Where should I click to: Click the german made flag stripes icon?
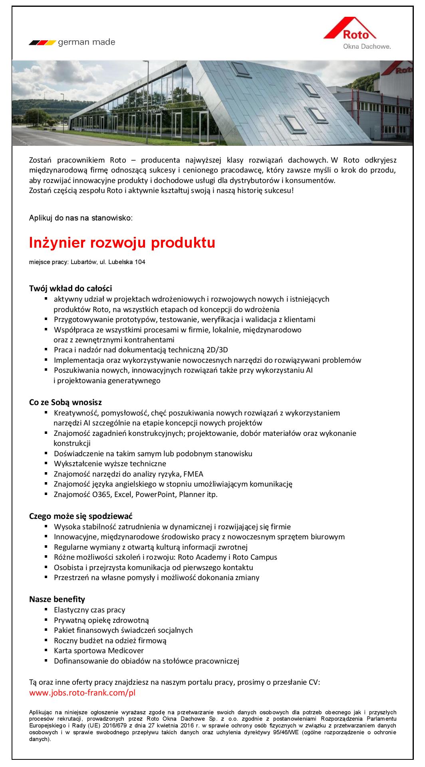point(42,42)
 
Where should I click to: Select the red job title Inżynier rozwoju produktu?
point(122,243)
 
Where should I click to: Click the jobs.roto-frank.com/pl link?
point(82,693)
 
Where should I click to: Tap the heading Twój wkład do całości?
point(70,288)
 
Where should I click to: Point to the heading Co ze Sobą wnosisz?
point(68,402)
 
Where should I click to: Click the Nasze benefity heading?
point(57,599)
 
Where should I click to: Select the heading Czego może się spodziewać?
point(81,516)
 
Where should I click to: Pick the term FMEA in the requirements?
point(193,474)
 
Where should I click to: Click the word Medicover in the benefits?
point(127,650)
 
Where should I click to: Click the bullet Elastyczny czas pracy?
point(89,610)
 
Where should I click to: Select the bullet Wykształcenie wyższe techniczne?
point(110,464)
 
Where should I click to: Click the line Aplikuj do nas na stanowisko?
point(81,218)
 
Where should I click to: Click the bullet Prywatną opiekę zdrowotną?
point(101,620)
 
